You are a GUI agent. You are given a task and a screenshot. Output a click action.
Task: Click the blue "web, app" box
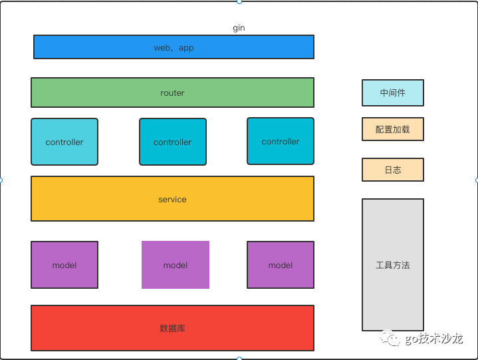point(174,47)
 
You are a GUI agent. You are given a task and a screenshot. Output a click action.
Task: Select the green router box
point(172,92)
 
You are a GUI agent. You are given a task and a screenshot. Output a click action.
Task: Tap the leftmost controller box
point(64,142)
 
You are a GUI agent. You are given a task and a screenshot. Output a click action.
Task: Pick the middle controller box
point(172,142)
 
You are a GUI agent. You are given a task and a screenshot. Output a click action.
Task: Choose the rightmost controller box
point(280,141)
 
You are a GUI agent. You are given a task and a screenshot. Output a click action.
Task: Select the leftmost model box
point(64,265)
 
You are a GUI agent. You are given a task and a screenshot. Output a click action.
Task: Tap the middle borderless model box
point(176,265)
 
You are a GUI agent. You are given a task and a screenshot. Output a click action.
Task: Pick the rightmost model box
point(280,265)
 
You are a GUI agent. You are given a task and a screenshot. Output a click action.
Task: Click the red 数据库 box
point(172,328)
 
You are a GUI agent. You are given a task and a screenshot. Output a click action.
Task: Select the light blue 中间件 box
point(392,93)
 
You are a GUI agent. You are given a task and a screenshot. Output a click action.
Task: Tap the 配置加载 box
point(392,130)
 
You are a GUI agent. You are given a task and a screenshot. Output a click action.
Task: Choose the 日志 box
point(392,170)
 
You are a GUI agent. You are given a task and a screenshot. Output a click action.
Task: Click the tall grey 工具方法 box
point(392,265)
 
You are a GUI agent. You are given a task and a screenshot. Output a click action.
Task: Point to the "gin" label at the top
point(239,28)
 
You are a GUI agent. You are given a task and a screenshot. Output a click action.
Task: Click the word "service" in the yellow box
point(172,199)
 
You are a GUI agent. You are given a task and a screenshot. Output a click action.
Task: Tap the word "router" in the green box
point(172,93)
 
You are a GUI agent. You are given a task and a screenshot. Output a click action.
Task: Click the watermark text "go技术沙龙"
point(433,339)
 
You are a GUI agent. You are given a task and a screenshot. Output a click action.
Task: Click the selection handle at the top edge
point(239,1)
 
